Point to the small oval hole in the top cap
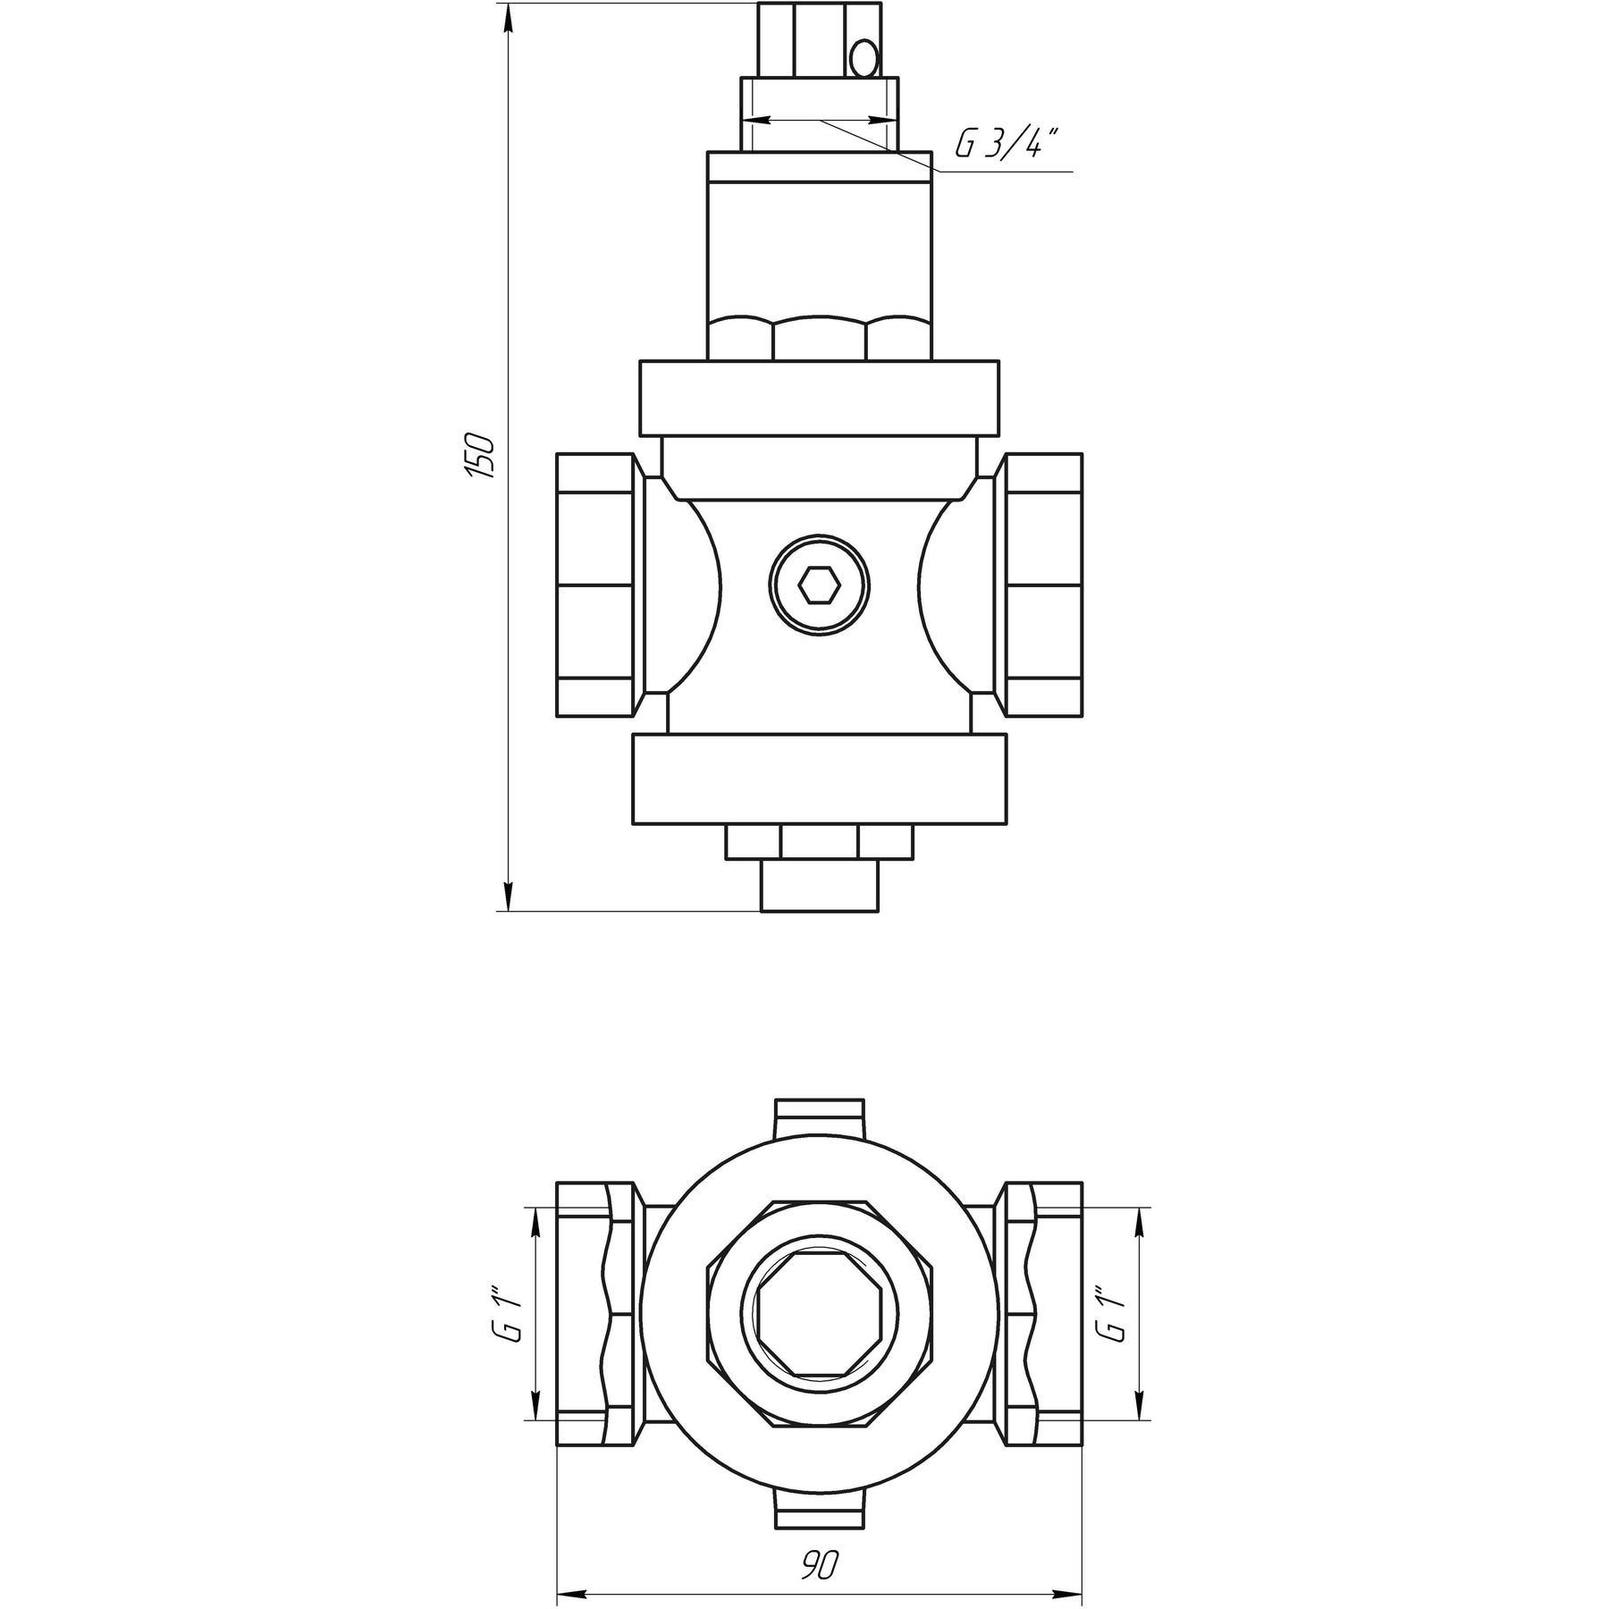[864, 61]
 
